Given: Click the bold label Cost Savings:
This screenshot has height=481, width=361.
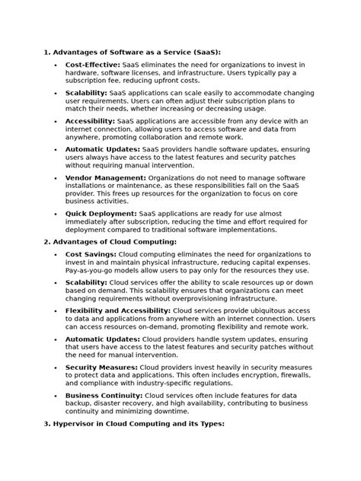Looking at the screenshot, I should [91, 253].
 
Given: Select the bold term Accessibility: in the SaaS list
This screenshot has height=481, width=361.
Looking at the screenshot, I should [91, 121].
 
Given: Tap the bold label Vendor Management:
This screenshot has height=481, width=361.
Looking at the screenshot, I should [105, 177].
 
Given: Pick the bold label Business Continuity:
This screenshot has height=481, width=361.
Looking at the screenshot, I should [104, 396].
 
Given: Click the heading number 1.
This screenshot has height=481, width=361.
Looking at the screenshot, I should [46, 53].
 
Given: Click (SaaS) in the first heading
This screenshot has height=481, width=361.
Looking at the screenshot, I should [204, 53].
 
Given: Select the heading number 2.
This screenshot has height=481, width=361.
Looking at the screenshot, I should [46, 241].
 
